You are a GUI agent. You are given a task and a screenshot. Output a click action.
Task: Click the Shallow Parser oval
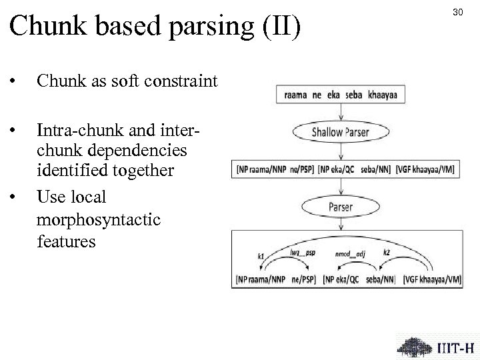tap(340, 131)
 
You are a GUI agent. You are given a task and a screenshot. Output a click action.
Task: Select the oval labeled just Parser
tap(340, 207)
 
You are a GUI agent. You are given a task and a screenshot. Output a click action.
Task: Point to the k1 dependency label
tap(261, 255)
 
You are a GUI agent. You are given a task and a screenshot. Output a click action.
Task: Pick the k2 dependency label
tap(387, 251)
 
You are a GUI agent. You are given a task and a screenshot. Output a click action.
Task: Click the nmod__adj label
tap(350, 253)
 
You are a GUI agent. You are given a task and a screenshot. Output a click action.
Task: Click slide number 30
tap(457, 12)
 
